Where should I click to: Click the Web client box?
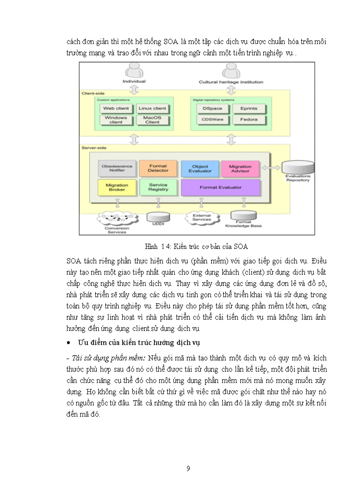(x=116, y=108)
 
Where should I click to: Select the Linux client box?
(x=152, y=108)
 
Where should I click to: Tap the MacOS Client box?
(x=152, y=119)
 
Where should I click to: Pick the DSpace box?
(x=212, y=108)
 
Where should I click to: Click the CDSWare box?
(x=212, y=119)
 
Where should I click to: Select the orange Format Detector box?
(x=158, y=168)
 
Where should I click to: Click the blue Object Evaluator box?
(x=200, y=168)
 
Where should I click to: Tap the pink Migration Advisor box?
(x=240, y=168)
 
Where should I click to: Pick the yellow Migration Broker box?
(x=117, y=187)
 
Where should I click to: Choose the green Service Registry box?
(x=158, y=187)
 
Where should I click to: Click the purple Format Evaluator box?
(x=220, y=187)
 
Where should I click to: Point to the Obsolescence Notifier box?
(x=117, y=168)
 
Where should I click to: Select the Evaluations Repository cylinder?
(x=298, y=167)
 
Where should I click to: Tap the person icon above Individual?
(x=134, y=71)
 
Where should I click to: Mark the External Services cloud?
(x=202, y=217)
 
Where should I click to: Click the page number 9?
(x=188, y=469)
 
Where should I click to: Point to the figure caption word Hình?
(x=152, y=246)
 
